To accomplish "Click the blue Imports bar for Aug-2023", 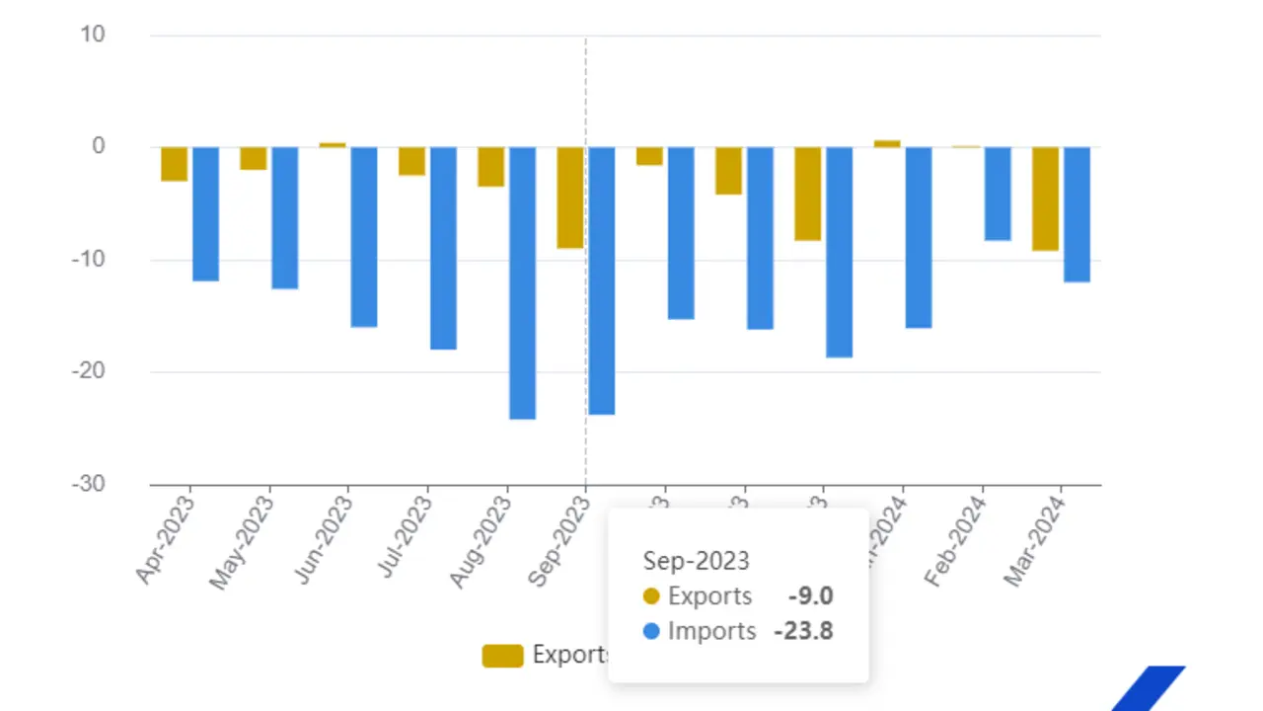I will (522, 282).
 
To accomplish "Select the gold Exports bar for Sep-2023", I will (570, 197).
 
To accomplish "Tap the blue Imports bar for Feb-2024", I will (998, 194).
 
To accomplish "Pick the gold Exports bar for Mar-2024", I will (1045, 198).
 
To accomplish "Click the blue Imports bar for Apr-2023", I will (205, 214).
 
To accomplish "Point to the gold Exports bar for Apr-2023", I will (175, 164).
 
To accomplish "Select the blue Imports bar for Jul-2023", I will (443, 248).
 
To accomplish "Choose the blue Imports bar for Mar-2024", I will (1077, 214).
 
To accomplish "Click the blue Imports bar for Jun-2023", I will (364, 237).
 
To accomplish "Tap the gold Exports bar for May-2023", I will (254, 158).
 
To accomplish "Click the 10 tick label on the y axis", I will (93, 35).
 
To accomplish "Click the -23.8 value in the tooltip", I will (803, 631).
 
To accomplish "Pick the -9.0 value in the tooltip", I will (811, 596).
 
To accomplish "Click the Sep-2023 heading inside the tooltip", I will (697, 561).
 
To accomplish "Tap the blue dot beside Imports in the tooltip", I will (651, 631).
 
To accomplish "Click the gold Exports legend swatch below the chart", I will (502, 655).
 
